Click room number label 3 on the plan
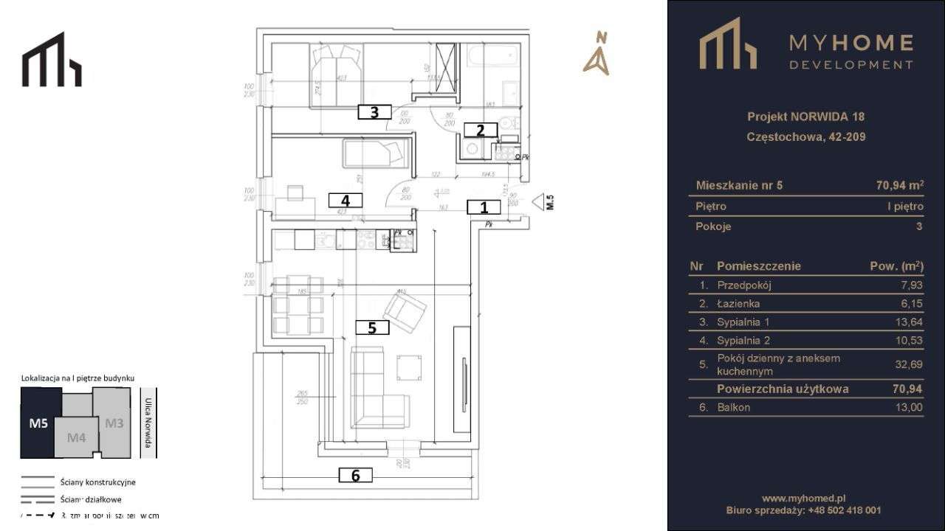[374, 112]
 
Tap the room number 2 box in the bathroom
[481, 131]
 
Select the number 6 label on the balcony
[355, 476]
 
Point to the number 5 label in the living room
[372, 328]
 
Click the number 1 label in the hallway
[484, 207]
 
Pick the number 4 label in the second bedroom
[345, 200]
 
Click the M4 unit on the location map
[77, 437]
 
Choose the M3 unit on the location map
[114, 423]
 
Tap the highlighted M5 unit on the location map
[38, 423]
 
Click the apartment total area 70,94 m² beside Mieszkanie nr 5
[895, 185]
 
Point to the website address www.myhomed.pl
[803, 498]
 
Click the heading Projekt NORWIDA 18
[805, 117]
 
